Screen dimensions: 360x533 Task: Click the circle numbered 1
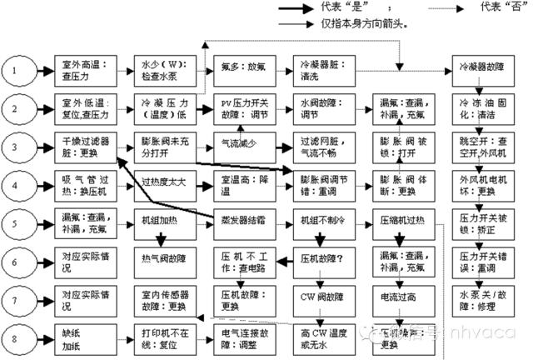point(20,70)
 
